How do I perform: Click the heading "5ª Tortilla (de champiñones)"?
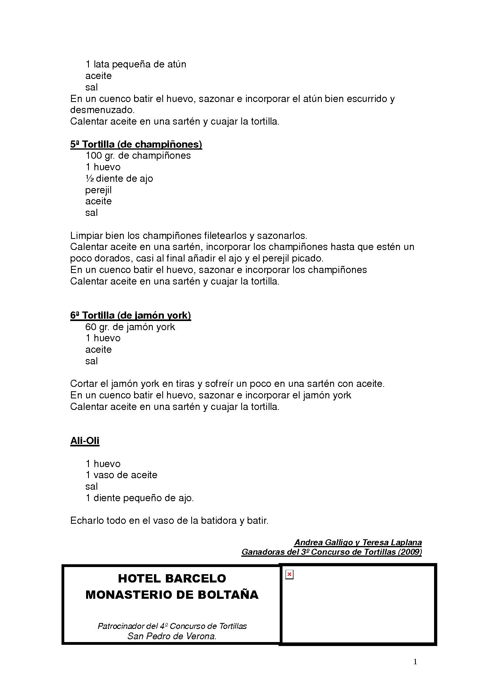click(136, 144)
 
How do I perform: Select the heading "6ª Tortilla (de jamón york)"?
click(131, 315)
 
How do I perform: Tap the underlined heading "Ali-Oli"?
click(85, 441)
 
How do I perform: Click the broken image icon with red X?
click(289, 575)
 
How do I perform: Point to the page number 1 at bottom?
click(415, 661)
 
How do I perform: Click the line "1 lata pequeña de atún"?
click(136, 64)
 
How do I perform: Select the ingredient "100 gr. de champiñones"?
click(138, 156)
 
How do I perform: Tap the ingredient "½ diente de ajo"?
click(119, 179)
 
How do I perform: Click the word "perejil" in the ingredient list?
click(98, 190)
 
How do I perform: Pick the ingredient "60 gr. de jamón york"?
click(130, 327)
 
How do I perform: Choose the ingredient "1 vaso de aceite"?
click(121, 475)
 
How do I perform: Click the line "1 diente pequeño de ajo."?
click(140, 498)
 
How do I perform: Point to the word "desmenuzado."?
click(102, 110)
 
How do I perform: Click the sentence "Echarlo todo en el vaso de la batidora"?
click(169, 521)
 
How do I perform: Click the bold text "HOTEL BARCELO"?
click(172, 579)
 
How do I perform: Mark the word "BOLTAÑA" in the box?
click(231, 595)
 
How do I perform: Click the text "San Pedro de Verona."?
click(172, 636)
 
